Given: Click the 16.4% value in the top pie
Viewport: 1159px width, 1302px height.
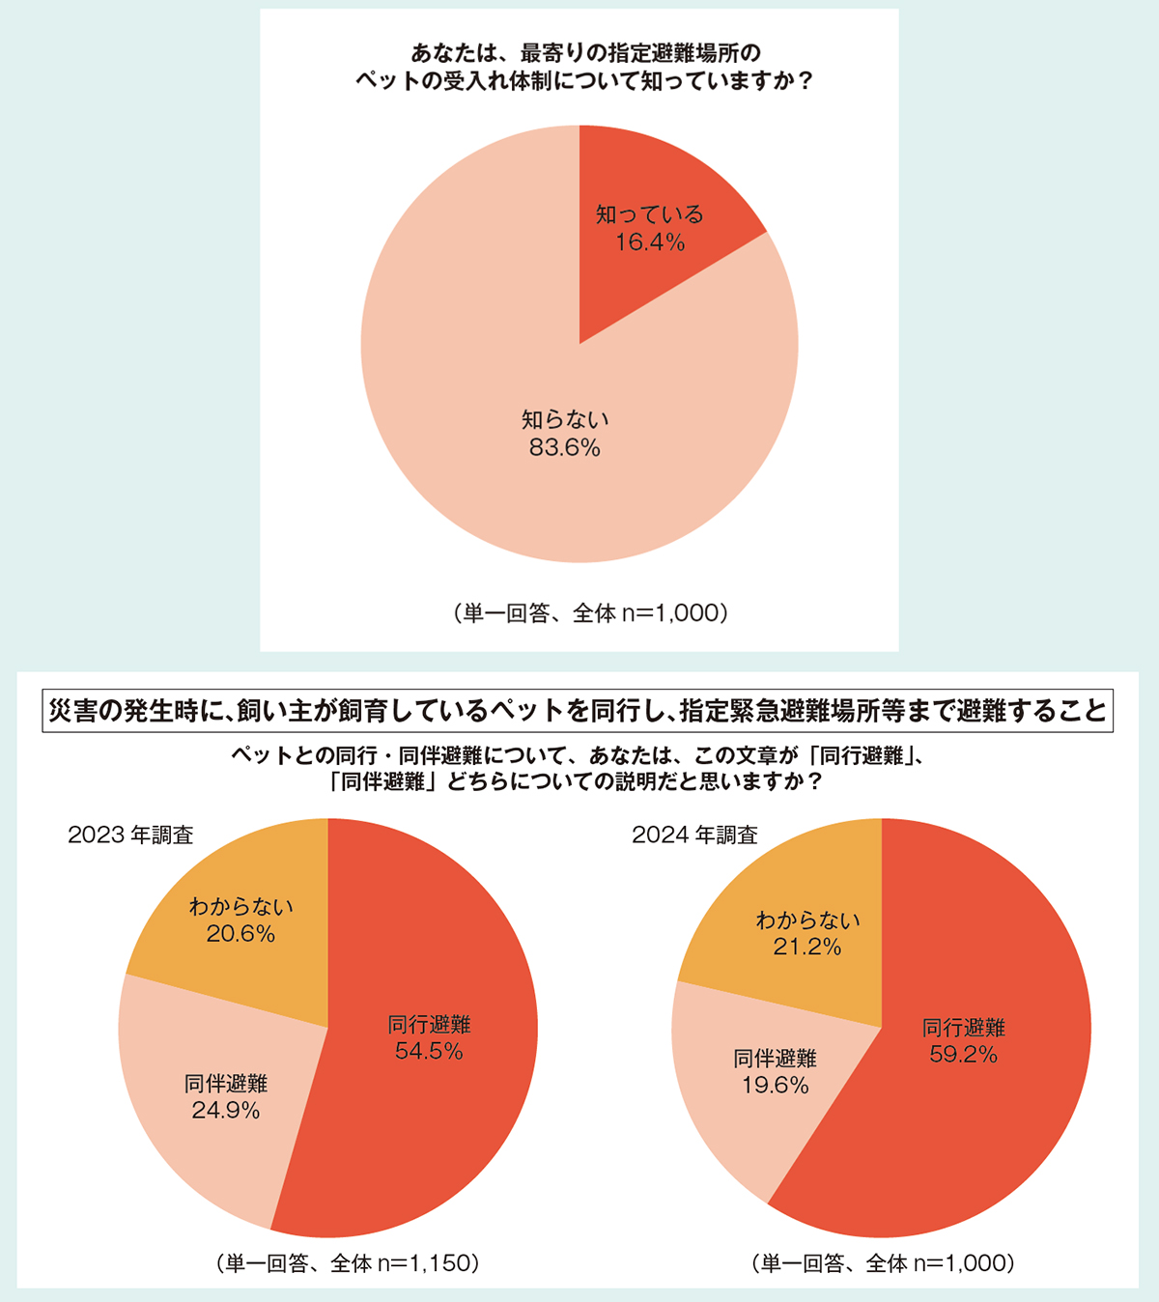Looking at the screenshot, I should pyautogui.click(x=650, y=242).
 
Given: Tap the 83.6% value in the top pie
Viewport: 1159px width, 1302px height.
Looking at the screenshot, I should pyautogui.click(x=565, y=448).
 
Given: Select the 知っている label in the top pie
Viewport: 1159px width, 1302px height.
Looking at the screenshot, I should pyautogui.click(x=650, y=214).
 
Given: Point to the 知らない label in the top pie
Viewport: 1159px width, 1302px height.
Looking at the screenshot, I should pyautogui.click(x=565, y=420).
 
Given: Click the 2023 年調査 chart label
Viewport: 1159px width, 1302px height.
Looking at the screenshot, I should pyautogui.click(x=130, y=835).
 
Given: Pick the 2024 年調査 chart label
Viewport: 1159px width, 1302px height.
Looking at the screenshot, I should pyautogui.click(x=694, y=835).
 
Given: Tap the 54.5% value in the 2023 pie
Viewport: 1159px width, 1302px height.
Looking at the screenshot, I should pyautogui.click(x=429, y=1052).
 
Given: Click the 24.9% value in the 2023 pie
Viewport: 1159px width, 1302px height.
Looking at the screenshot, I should pyautogui.click(x=226, y=1111).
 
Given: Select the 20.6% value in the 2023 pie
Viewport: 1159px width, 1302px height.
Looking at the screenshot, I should pyautogui.click(x=240, y=934).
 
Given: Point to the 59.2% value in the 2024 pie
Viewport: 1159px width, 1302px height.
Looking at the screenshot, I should pyautogui.click(x=963, y=1055).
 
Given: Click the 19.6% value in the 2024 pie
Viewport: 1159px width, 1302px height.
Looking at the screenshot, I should pyautogui.click(x=775, y=1086).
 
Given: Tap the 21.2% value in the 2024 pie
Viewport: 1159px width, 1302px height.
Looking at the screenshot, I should pyautogui.click(x=807, y=948).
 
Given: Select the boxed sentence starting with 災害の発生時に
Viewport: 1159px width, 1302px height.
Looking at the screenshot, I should pyautogui.click(x=579, y=711).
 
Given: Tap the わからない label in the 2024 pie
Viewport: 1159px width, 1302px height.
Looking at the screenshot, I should pyautogui.click(x=807, y=920).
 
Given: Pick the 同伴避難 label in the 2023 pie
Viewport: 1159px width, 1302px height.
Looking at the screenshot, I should pyautogui.click(x=226, y=1084).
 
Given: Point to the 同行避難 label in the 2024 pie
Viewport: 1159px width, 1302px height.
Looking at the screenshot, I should pyautogui.click(x=963, y=1028).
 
